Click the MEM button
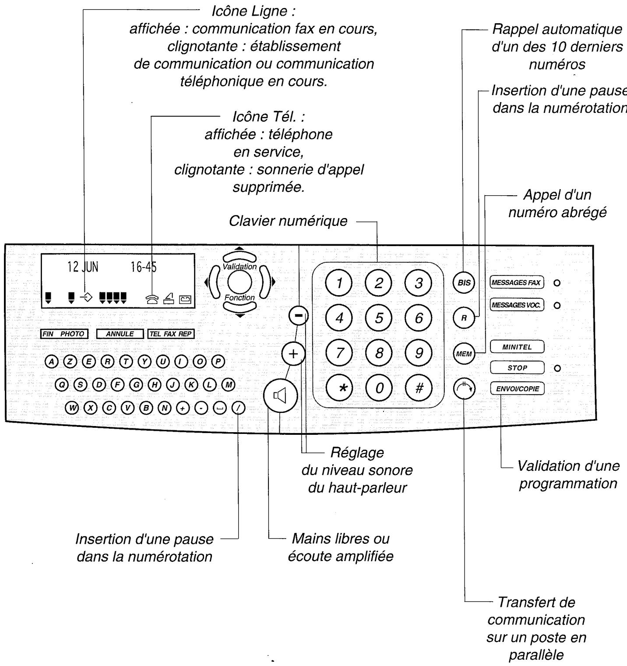[x=464, y=353]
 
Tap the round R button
[x=464, y=318]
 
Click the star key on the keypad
[x=343, y=388]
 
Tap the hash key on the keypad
[x=419, y=388]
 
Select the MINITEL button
[x=517, y=347]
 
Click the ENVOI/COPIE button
[x=517, y=388]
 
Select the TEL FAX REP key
[x=171, y=334]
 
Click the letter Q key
[x=62, y=384]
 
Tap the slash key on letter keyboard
[x=239, y=408]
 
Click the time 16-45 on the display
[x=144, y=267]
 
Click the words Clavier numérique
[x=288, y=221]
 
